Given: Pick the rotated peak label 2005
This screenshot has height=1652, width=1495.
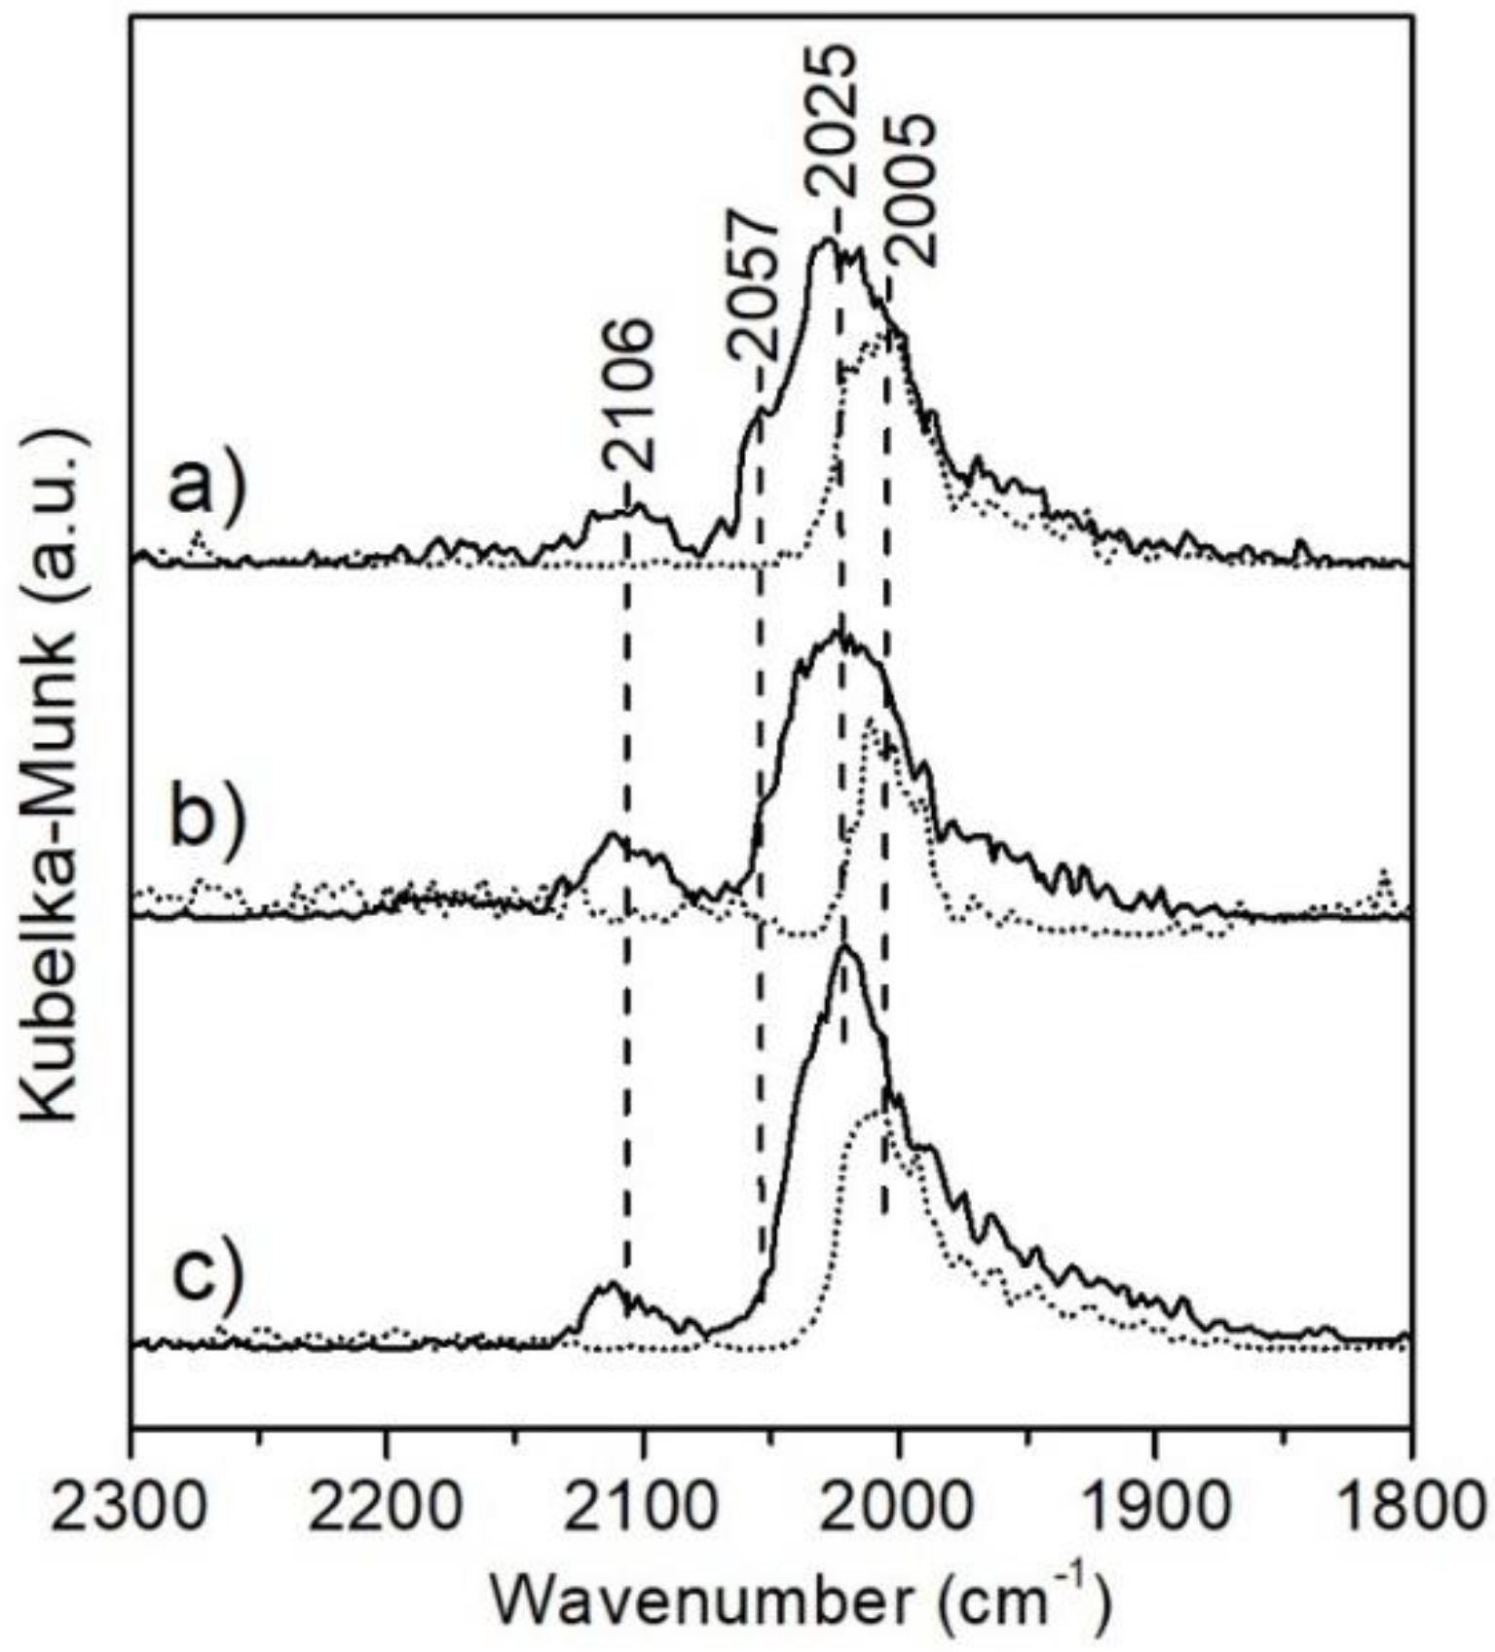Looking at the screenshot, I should coord(911,189).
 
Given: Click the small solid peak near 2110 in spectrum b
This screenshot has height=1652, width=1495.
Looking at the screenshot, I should coord(613,834).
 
